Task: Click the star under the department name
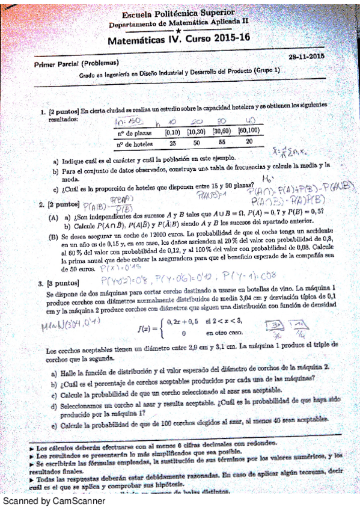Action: click(179, 30)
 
